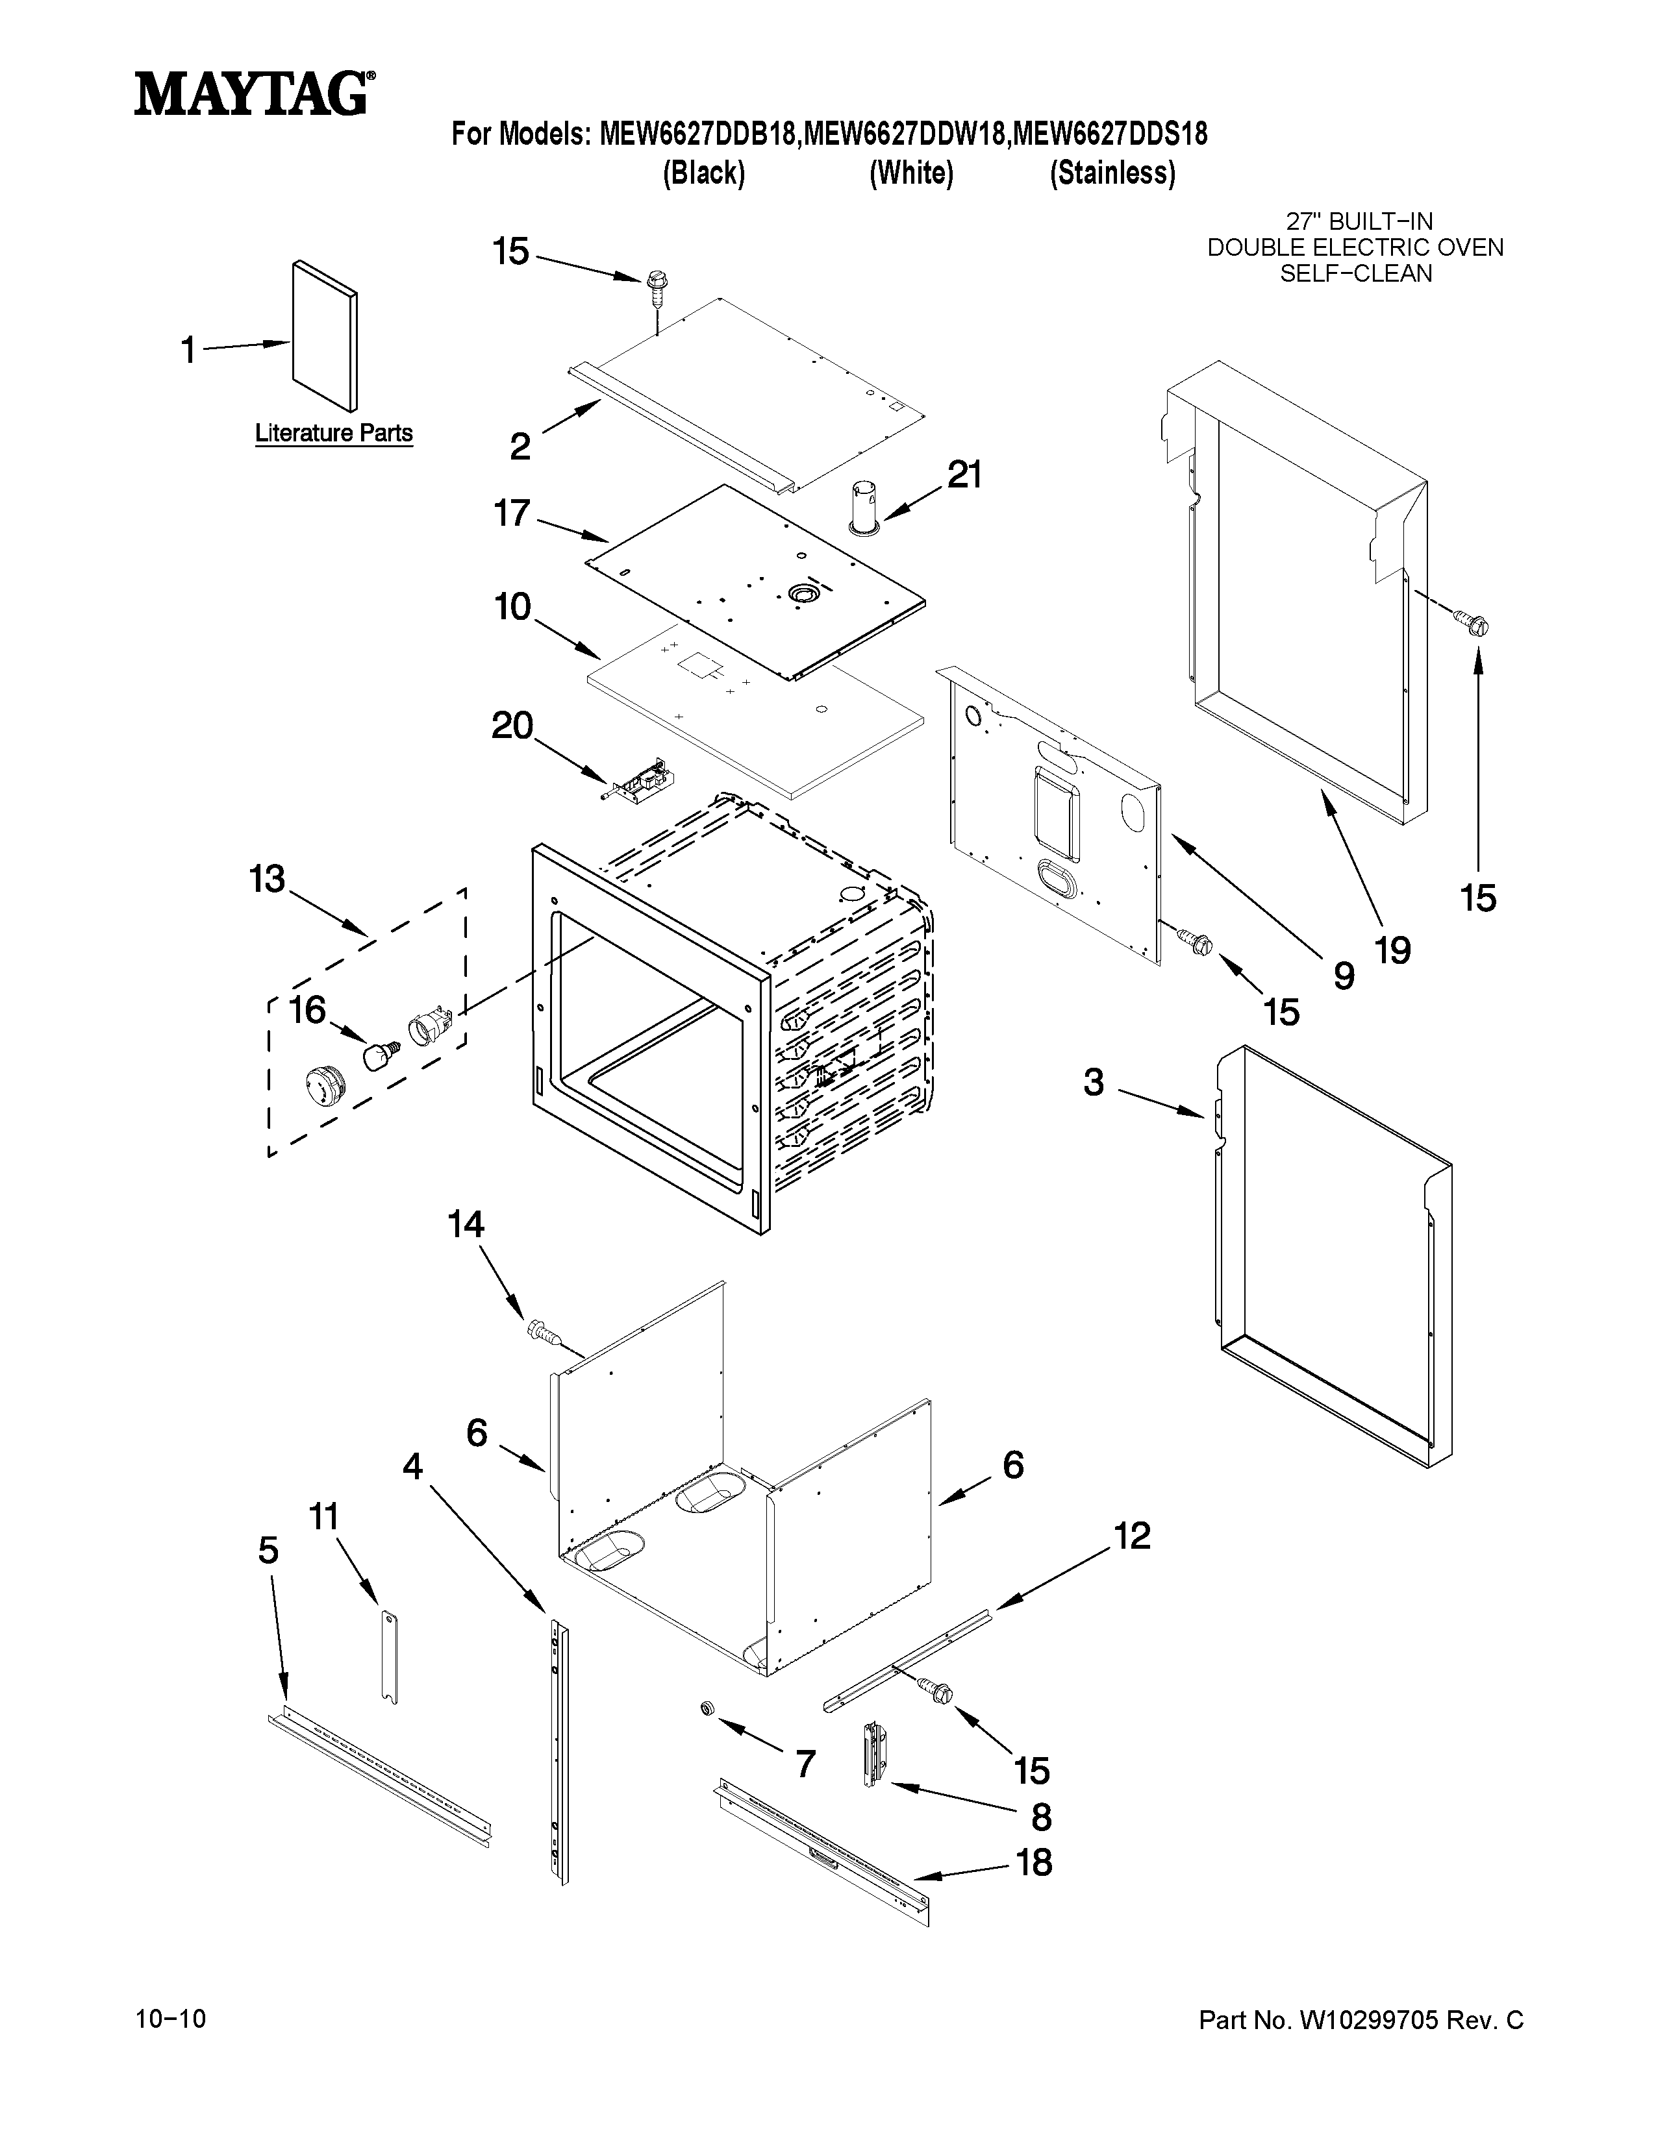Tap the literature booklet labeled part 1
pyautogui.click(x=325, y=336)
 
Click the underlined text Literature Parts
pyautogui.click(x=334, y=432)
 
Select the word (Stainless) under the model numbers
pyautogui.click(x=1112, y=173)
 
